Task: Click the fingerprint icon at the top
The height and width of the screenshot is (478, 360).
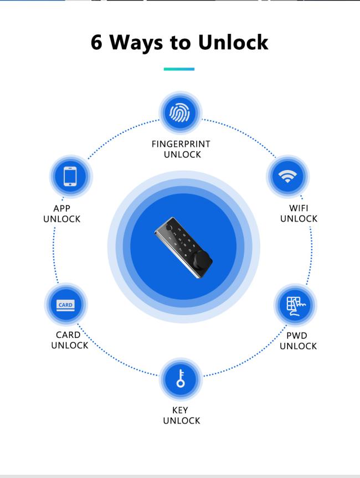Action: point(180,112)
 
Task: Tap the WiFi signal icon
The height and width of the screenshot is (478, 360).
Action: point(287,176)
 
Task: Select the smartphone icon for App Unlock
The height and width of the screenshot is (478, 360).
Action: point(70,176)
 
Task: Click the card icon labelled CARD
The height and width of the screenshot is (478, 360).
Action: point(65,305)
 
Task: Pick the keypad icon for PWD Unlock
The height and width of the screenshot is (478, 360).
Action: point(296,306)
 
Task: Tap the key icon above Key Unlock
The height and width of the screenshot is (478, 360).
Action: point(181,378)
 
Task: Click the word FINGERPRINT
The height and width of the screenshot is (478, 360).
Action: point(181,144)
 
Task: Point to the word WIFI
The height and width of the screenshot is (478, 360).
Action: point(299,208)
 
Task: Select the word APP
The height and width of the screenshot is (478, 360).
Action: point(62,208)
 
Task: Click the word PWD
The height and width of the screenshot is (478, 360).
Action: point(297,336)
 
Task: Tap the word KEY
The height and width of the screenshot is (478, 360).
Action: point(180,410)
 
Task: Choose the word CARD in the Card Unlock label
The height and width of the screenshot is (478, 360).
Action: point(68,335)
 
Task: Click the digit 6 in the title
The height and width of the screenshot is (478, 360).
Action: point(96,42)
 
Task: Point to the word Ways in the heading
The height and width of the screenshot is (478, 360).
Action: point(136,43)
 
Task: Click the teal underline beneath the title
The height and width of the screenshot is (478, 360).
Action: point(179,69)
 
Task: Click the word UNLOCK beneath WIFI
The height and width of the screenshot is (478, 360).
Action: point(299,219)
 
